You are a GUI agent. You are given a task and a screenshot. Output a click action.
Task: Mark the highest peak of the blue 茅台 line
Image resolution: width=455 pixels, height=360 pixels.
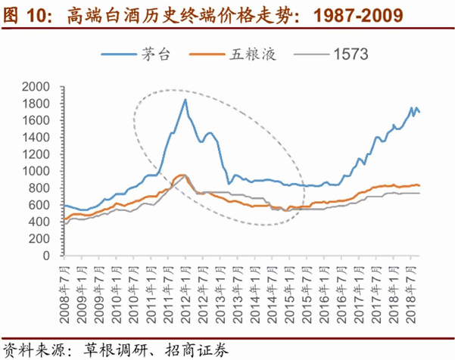pos(185,99)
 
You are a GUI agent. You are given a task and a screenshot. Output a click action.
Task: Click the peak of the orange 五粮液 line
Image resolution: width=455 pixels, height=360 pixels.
pos(182,175)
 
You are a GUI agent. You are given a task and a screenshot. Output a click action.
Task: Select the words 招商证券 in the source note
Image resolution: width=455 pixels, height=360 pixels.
pos(198,349)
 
